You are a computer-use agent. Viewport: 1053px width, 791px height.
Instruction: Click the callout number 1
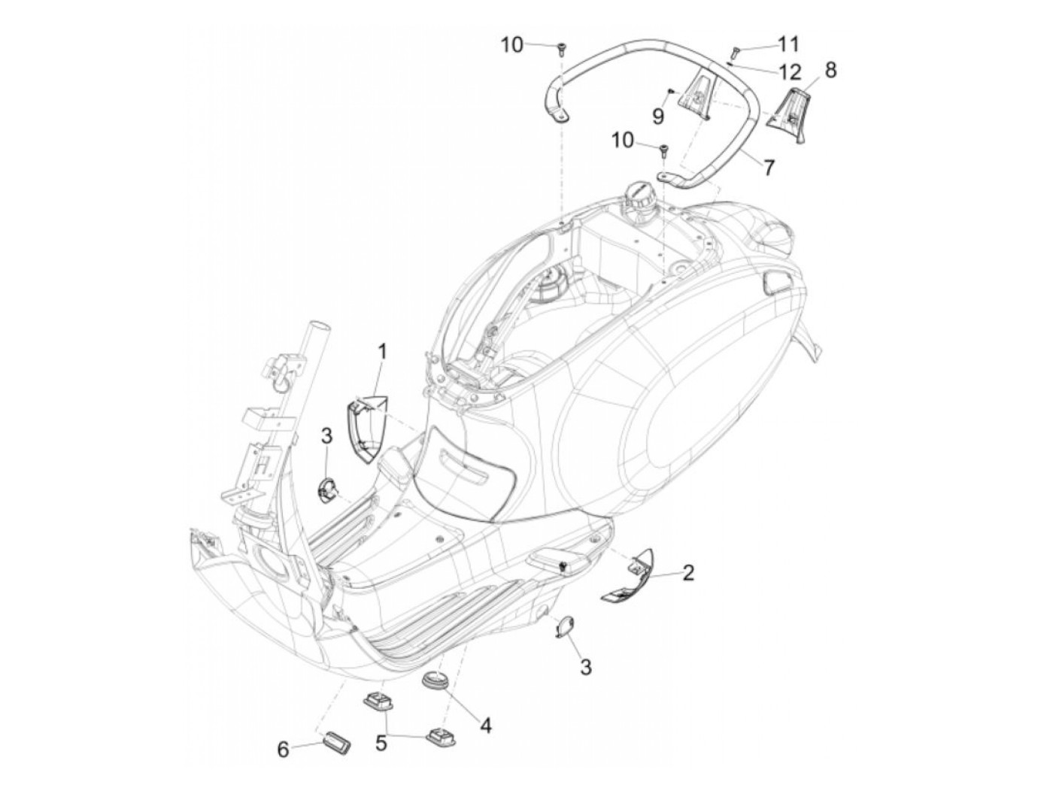382,351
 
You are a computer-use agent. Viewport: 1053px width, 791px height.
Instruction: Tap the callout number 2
687,574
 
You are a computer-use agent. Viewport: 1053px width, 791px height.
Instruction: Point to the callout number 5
381,743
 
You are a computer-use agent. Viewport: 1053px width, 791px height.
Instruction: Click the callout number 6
284,749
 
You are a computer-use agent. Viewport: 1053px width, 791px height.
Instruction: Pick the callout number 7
768,166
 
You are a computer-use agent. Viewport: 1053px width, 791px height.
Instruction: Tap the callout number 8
830,70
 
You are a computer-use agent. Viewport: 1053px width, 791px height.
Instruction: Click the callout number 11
789,44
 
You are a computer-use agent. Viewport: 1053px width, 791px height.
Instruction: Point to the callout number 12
790,72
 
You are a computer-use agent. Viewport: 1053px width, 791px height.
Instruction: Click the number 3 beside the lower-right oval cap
585,666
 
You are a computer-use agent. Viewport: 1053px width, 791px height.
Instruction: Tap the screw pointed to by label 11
736,51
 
